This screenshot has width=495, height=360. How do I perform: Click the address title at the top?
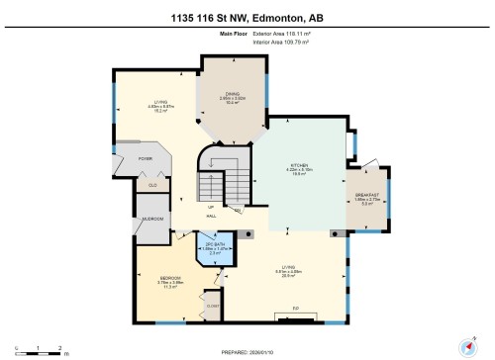[247, 13]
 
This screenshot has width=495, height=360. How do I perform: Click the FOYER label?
[145, 157]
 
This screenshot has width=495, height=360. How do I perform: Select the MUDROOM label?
[151, 219]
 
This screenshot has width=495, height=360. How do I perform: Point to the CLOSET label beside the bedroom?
[212, 307]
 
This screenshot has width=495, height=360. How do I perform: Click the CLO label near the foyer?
[152, 185]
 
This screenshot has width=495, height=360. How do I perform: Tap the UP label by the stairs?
[211, 206]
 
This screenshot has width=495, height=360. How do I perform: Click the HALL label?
[211, 216]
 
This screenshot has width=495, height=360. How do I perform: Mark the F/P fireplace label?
[294, 310]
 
